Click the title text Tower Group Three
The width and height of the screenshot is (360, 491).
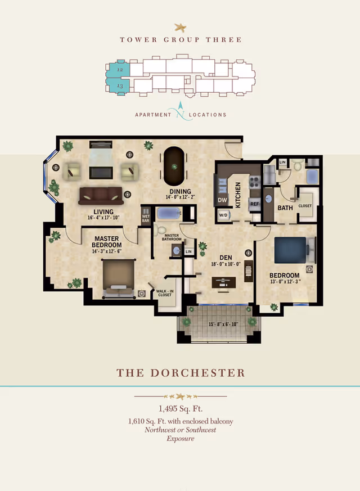pos(181,39)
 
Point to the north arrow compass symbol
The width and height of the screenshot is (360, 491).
pos(181,110)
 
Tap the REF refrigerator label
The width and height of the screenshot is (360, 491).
pos(254,204)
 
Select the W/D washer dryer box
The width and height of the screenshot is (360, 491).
pos(223,214)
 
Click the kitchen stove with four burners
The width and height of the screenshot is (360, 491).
pos(254,182)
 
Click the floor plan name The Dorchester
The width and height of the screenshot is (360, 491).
pos(181,373)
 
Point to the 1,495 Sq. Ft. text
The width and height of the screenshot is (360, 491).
pos(181,409)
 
